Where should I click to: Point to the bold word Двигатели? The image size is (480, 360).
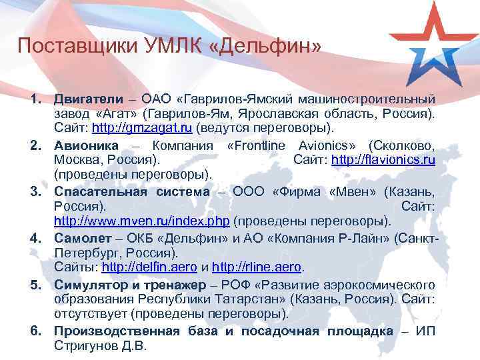85,99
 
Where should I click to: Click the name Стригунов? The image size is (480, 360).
87,346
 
